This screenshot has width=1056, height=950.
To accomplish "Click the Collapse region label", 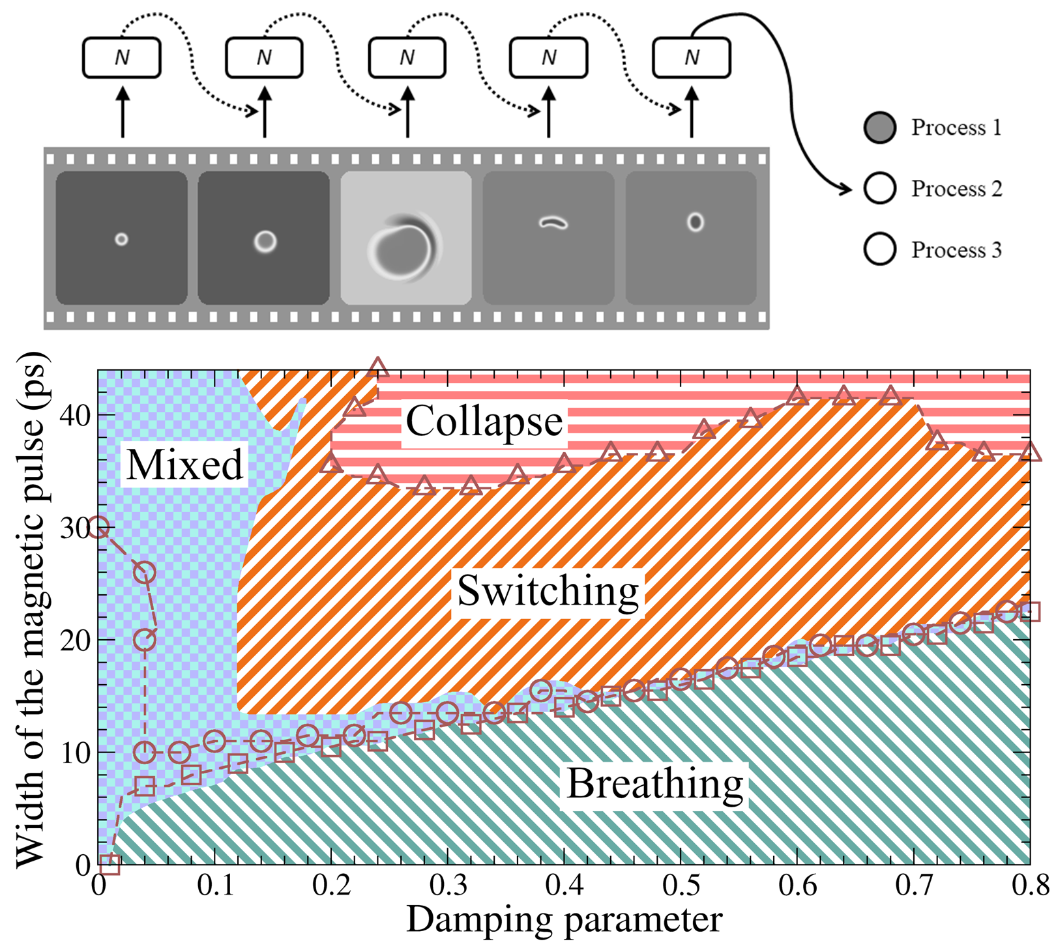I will [484, 422].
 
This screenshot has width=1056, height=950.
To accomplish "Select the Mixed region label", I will [184, 465].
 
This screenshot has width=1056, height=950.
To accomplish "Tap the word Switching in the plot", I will [548, 591].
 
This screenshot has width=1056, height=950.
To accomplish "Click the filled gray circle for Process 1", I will [879, 128].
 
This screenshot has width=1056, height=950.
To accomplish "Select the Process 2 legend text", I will [956, 189].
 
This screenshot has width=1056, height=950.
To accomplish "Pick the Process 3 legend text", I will [956, 250].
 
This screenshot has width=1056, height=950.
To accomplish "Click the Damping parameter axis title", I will [564, 920].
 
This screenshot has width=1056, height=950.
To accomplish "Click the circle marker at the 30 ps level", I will [98, 528].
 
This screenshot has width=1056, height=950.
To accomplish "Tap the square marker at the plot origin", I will [110, 865].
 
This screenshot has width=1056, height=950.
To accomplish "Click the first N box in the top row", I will [122, 58].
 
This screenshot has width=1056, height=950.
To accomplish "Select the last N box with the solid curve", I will [692, 58].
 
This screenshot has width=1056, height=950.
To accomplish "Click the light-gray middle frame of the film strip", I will [406, 238].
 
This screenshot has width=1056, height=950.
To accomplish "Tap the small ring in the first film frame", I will [121, 239].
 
